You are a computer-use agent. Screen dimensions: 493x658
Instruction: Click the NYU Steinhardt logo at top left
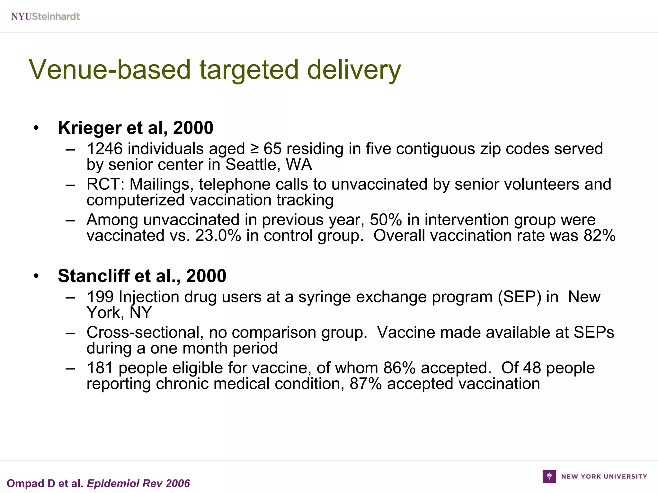pos(45,16)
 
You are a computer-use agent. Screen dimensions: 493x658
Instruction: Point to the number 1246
pos(105,149)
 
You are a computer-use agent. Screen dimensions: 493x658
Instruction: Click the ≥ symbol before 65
pos(254,149)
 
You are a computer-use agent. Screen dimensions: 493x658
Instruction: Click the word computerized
pos(135,200)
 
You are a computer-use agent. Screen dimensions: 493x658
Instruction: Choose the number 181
pos(100,368)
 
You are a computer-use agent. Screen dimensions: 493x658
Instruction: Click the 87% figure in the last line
pos(366,384)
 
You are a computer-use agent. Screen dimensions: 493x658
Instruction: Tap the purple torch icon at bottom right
pos(549,476)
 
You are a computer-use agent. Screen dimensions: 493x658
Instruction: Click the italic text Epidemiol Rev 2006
pos(138,483)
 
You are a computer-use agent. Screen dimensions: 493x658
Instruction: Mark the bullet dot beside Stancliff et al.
pos(36,276)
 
